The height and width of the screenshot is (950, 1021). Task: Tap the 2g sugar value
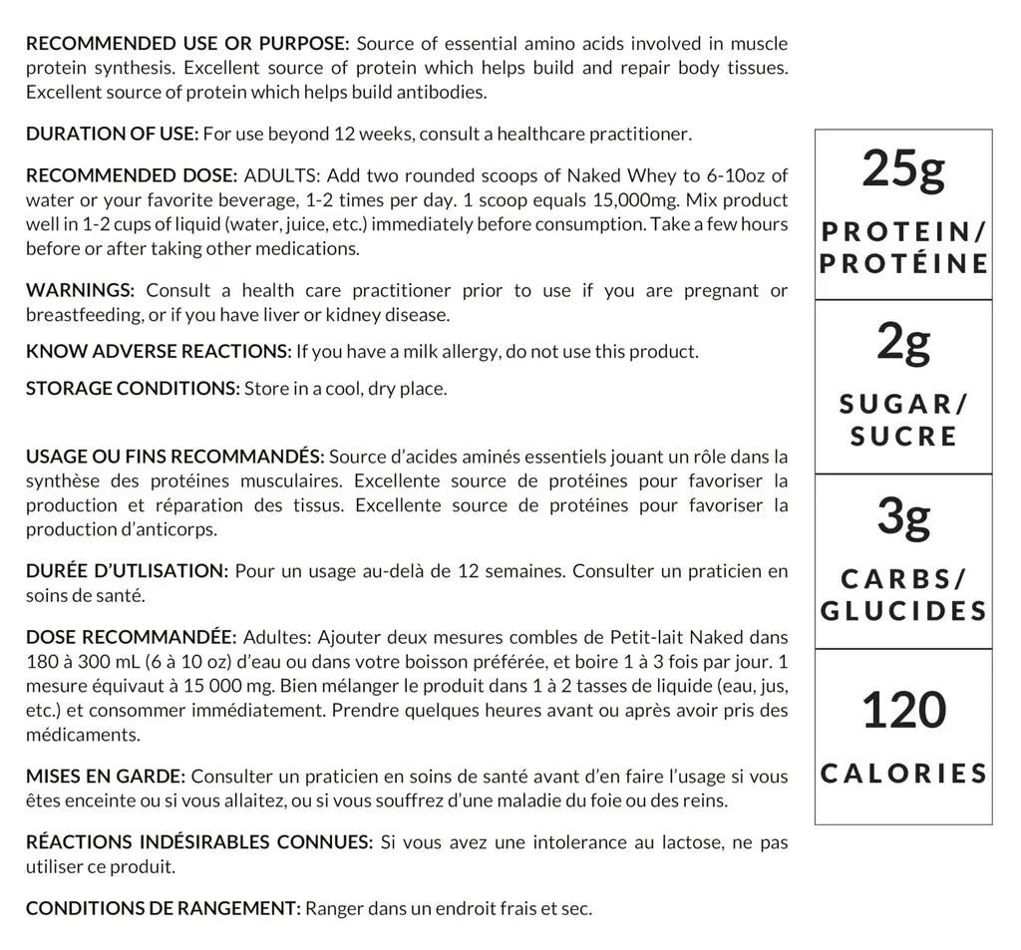tap(902, 345)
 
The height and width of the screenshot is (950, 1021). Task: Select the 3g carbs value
tap(902, 518)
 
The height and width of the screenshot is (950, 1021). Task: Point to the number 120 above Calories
tap(902, 711)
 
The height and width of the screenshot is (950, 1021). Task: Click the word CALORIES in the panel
tap(903, 774)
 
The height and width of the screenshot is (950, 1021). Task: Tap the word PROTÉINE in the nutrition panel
tap(903, 263)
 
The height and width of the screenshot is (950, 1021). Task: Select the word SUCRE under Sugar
tap(903, 436)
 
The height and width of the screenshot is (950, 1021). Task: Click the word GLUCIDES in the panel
tap(903, 610)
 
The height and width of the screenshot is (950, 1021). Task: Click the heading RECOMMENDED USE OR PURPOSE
tap(187, 44)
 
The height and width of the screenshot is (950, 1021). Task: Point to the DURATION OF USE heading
tap(113, 134)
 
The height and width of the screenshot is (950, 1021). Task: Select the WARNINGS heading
tap(80, 291)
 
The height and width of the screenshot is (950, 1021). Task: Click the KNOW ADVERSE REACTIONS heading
tap(159, 351)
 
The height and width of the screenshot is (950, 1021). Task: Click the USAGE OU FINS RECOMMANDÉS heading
tap(174, 458)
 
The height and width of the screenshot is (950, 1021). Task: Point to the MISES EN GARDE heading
tap(106, 777)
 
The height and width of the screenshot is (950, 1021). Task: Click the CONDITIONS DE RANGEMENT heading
tap(163, 908)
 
